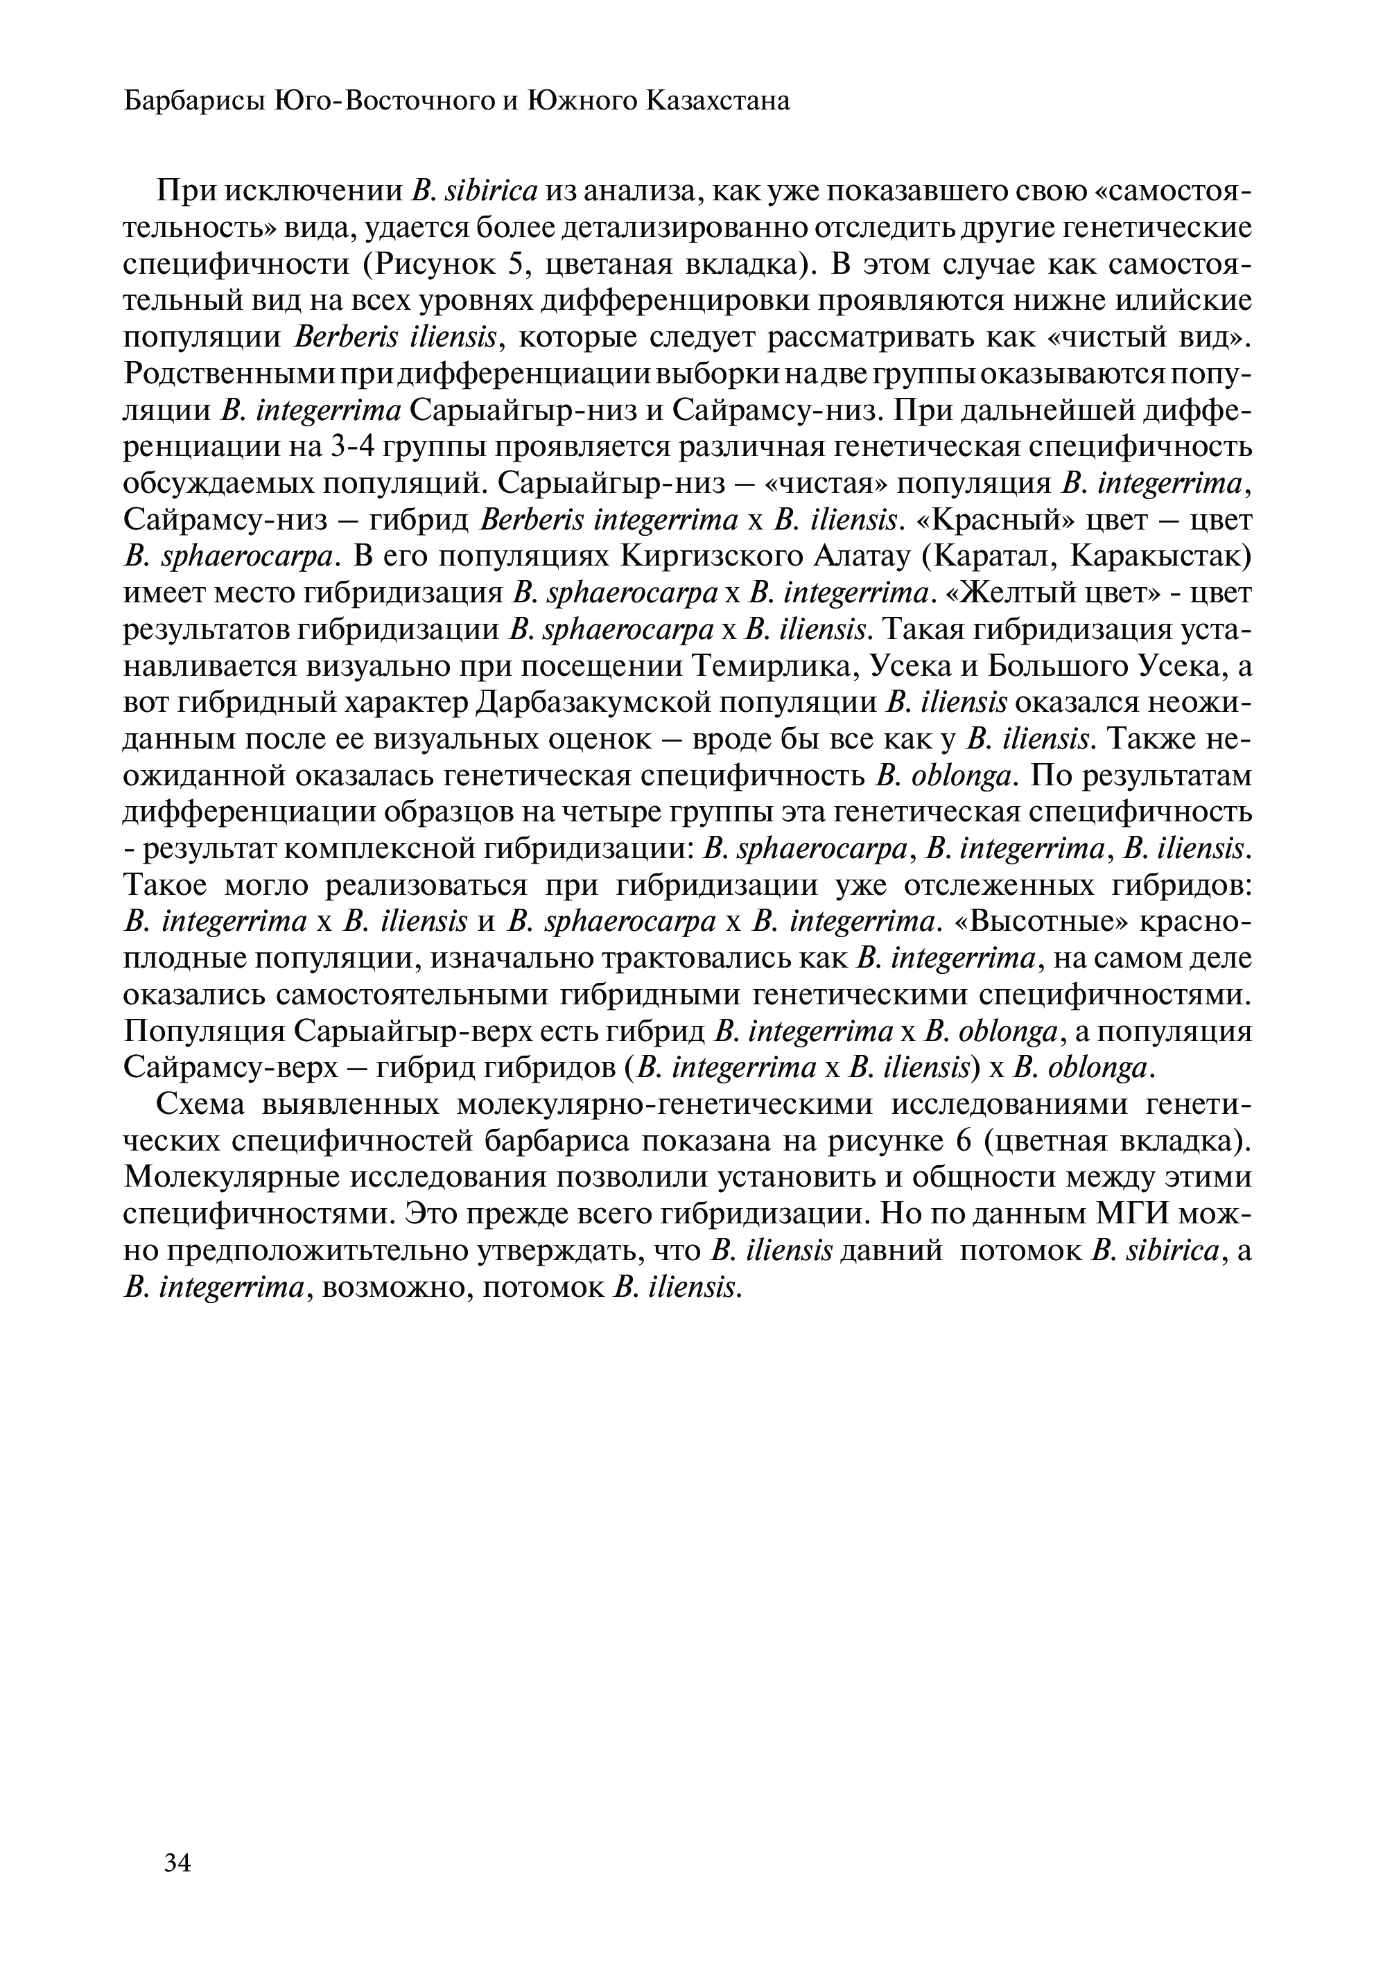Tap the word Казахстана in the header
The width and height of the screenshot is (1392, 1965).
click(717, 102)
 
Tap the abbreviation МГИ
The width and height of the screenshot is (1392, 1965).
click(1141, 1214)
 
